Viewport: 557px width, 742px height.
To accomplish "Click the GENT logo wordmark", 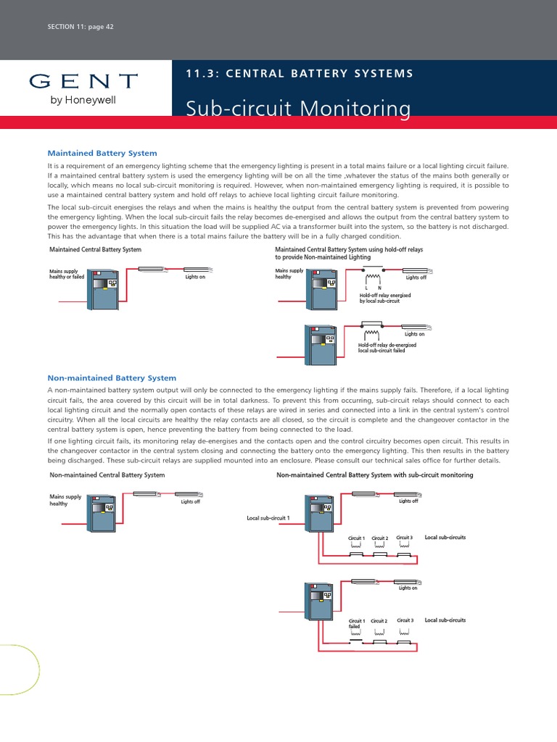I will click(x=83, y=80).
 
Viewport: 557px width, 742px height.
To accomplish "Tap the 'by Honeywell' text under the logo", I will click(x=83, y=100).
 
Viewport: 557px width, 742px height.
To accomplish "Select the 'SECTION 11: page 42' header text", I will click(x=80, y=27).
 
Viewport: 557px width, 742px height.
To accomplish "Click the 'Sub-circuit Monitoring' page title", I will click(x=297, y=109).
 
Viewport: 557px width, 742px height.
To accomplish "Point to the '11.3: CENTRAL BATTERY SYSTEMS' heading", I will click(x=299, y=74).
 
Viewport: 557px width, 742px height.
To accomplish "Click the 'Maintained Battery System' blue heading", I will click(x=102, y=154).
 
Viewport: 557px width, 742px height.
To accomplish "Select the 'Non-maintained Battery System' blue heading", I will click(x=112, y=378).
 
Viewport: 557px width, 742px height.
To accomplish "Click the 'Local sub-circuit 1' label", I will click(x=268, y=519).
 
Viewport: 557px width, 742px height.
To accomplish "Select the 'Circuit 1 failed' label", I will click(x=356, y=624).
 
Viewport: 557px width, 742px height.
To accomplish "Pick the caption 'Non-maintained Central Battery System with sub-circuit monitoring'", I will click(x=375, y=475).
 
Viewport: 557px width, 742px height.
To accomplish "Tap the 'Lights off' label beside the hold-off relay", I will click(x=416, y=278).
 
